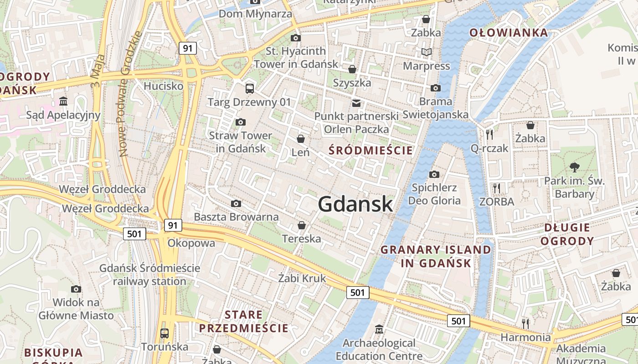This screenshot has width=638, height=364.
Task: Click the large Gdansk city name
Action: click(355, 204)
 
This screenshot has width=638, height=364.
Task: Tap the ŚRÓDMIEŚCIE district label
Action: click(370, 151)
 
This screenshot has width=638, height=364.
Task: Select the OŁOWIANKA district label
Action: click(509, 33)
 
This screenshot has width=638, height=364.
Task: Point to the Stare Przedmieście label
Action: click(244, 321)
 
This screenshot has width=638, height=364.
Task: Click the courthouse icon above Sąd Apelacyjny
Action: click(63, 101)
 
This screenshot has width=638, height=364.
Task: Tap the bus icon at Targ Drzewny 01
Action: click(249, 88)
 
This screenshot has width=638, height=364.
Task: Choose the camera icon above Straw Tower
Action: click(240, 122)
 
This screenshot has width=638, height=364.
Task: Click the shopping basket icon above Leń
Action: click(301, 138)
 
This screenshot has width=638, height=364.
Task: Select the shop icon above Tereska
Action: click(301, 225)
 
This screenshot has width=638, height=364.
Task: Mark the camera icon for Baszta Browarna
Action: click(236, 203)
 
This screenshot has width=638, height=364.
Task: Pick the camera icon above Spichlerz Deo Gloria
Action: click(434, 174)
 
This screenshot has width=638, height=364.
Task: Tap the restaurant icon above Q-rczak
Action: click(489, 134)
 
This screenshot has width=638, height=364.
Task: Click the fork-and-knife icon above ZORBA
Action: click(496, 187)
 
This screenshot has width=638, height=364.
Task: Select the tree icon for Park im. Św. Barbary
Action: click(575, 167)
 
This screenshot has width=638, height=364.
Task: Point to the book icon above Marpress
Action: click(426, 52)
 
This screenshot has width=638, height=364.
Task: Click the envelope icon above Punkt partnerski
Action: click(356, 103)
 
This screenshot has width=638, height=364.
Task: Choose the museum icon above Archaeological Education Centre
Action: click(379, 329)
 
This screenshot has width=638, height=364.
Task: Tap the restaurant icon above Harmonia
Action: click(525, 324)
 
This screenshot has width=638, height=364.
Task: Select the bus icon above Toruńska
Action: click(165, 333)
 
